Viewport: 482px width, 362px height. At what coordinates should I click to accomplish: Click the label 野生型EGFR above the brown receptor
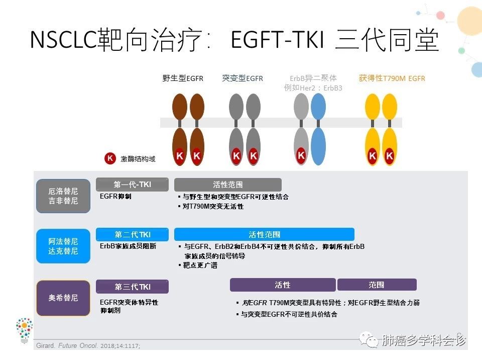point(183,78)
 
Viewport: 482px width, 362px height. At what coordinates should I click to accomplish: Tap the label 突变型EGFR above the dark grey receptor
point(243,78)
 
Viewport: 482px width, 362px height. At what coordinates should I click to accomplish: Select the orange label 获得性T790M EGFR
point(392,78)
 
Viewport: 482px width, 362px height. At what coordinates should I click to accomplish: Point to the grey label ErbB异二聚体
point(313,78)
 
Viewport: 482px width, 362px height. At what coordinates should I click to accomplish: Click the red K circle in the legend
point(110,158)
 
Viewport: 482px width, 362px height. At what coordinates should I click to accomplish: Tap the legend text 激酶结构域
point(138,159)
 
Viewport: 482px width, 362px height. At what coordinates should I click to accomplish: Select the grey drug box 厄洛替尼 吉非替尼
point(63,196)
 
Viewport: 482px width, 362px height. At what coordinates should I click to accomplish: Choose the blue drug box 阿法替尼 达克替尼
point(63,246)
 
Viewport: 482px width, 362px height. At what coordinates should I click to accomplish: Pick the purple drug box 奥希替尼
point(63,298)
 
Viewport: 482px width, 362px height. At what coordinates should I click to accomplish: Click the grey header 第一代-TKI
point(133,185)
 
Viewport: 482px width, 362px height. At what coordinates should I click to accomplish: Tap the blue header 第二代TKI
point(133,234)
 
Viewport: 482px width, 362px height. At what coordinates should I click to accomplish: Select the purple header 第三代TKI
point(133,287)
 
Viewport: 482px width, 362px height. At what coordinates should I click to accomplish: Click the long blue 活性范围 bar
point(264,234)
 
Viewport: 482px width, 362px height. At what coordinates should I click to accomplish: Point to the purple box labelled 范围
point(377,285)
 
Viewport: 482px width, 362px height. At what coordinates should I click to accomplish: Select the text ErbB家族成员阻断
point(128,246)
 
